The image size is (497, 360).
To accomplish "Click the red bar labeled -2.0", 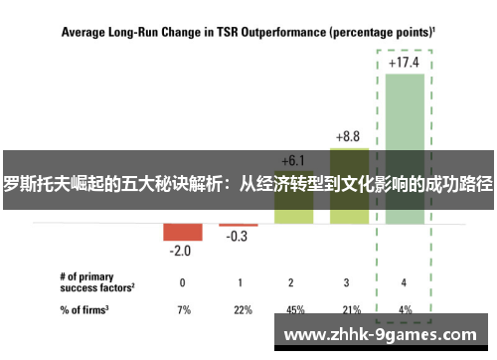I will (182, 232).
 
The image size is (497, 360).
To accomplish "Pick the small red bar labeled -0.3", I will (238, 225).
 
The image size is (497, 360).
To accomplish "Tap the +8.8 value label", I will (349, 135).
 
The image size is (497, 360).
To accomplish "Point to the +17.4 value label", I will (405, 62).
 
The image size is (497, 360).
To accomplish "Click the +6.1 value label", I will (293, 159).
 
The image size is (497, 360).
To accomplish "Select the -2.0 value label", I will (180, 251).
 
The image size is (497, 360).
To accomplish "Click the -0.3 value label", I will (238, 237).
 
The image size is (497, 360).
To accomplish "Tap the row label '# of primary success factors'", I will (94, 281).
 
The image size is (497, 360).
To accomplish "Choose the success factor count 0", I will (182, 281).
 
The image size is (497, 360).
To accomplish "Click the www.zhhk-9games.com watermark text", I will (383, 334).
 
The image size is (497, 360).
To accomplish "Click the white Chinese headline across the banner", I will (248, 184).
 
